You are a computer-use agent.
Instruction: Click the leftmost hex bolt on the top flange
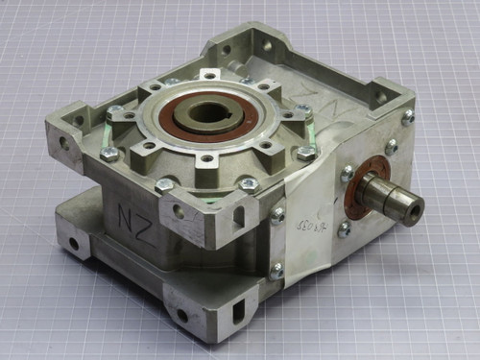pos(111,154)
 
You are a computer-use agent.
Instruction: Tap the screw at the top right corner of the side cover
pos(407,116)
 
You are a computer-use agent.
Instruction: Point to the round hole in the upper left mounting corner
pos(64,143)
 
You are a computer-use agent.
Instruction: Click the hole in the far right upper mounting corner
pos(382,97)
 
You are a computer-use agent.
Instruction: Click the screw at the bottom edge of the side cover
pos(276,272)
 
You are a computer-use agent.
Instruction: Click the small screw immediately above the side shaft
pos(348,174)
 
